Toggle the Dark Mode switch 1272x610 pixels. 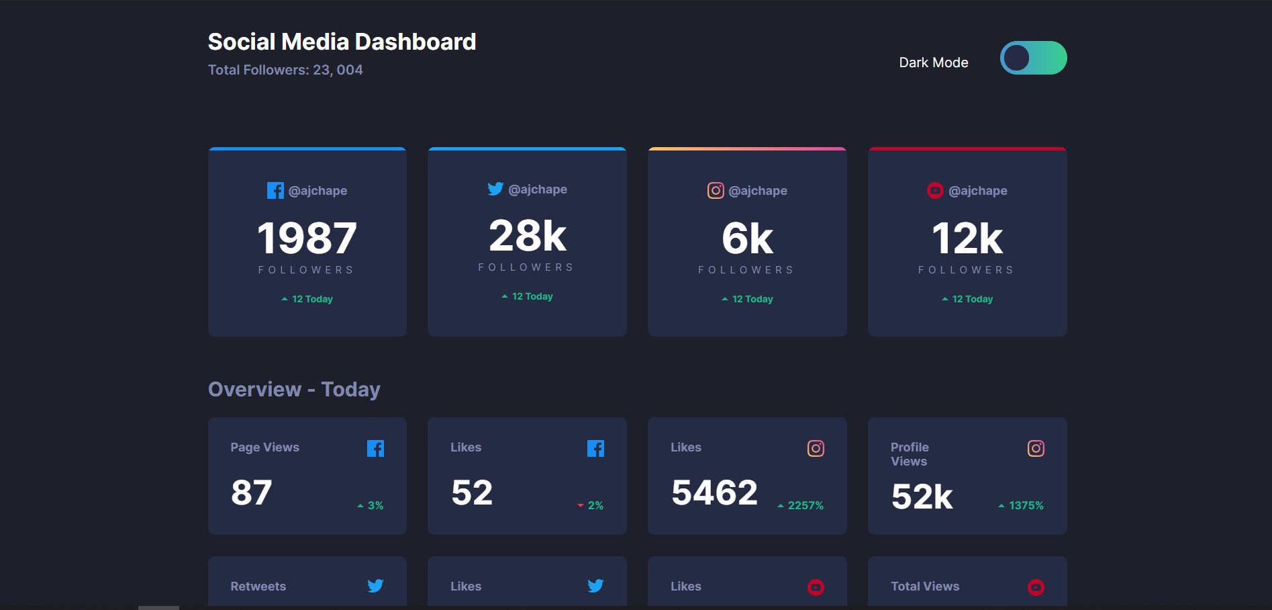(x=1033, y=58)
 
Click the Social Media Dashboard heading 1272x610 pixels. (x=342, y=42)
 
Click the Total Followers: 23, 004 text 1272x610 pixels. (x=285, y=70)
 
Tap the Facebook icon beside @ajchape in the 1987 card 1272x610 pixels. (x=275, y=191)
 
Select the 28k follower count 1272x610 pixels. (x=528, y=236)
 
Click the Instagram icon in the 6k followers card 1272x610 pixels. (x=716, y=191)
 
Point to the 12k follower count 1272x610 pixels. (x=967, y=238)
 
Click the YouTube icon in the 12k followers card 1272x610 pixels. (x=935, y=191)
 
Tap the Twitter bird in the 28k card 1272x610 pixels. (x=495, y=189)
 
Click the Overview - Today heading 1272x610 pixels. (x=294, y=390)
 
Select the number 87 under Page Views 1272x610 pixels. (x=252, y=492)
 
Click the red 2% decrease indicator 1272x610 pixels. (x=591, y=505)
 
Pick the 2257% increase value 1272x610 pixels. (x=805, y=505)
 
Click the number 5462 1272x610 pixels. (x=715, y=492)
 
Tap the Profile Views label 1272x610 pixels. (x=910, y=454)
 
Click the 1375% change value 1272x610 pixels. (x=1026, y=505)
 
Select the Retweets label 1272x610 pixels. (x=258, y=586)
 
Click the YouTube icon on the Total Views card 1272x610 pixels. (x=1036, y=587)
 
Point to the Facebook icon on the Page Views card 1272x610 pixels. (x=375, y=449)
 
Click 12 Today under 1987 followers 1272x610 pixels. (x=311, y=299)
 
